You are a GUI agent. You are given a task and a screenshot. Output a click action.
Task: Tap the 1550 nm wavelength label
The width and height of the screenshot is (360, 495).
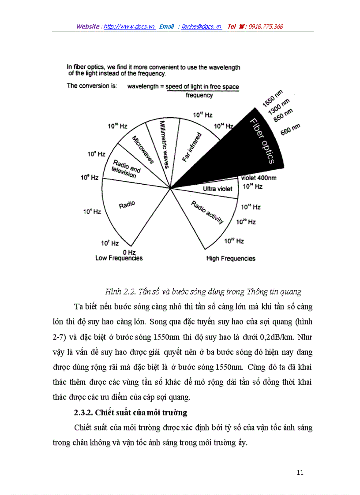272,98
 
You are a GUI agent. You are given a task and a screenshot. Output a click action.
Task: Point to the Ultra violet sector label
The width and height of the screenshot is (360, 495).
217,189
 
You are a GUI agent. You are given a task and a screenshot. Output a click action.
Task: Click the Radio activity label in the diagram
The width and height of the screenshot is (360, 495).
207,212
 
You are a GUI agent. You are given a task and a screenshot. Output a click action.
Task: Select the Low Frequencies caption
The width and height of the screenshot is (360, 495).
119,258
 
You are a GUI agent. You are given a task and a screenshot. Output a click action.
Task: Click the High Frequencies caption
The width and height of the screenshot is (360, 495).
231,259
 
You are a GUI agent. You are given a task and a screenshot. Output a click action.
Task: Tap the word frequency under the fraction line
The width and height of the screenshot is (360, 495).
199,95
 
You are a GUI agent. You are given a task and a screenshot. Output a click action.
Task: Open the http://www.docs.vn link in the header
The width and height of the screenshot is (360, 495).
129,26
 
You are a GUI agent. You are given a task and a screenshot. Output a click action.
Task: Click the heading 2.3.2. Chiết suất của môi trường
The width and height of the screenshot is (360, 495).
130,413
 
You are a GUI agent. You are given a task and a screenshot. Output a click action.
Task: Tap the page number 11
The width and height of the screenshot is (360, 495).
300,473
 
